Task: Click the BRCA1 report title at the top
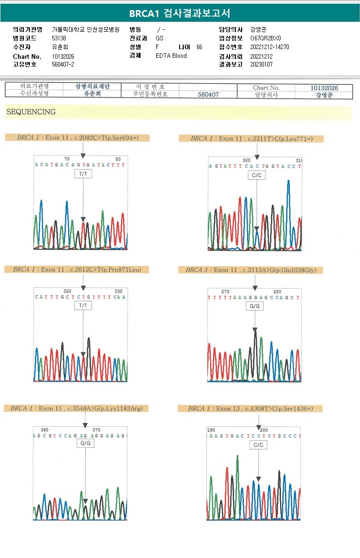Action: click(x=180, y=13)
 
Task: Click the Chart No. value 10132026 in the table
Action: click(x=324, y=88)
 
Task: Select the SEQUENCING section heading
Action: click(x=31, y=112)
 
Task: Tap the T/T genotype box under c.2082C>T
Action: click(x=83, y=174)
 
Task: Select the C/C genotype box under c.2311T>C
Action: click(x=257, y=175)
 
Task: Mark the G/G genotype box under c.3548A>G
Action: click(x=85, y=444)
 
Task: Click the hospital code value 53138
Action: click(x=59, y=39)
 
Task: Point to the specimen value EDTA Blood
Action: click(x=171, y=56)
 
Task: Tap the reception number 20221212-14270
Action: click(x=270, y=47)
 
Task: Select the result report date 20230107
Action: click(x=261, y=64)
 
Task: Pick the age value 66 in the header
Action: click(x=199, y=47)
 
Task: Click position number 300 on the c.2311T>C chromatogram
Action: click(x=247, y=160)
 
